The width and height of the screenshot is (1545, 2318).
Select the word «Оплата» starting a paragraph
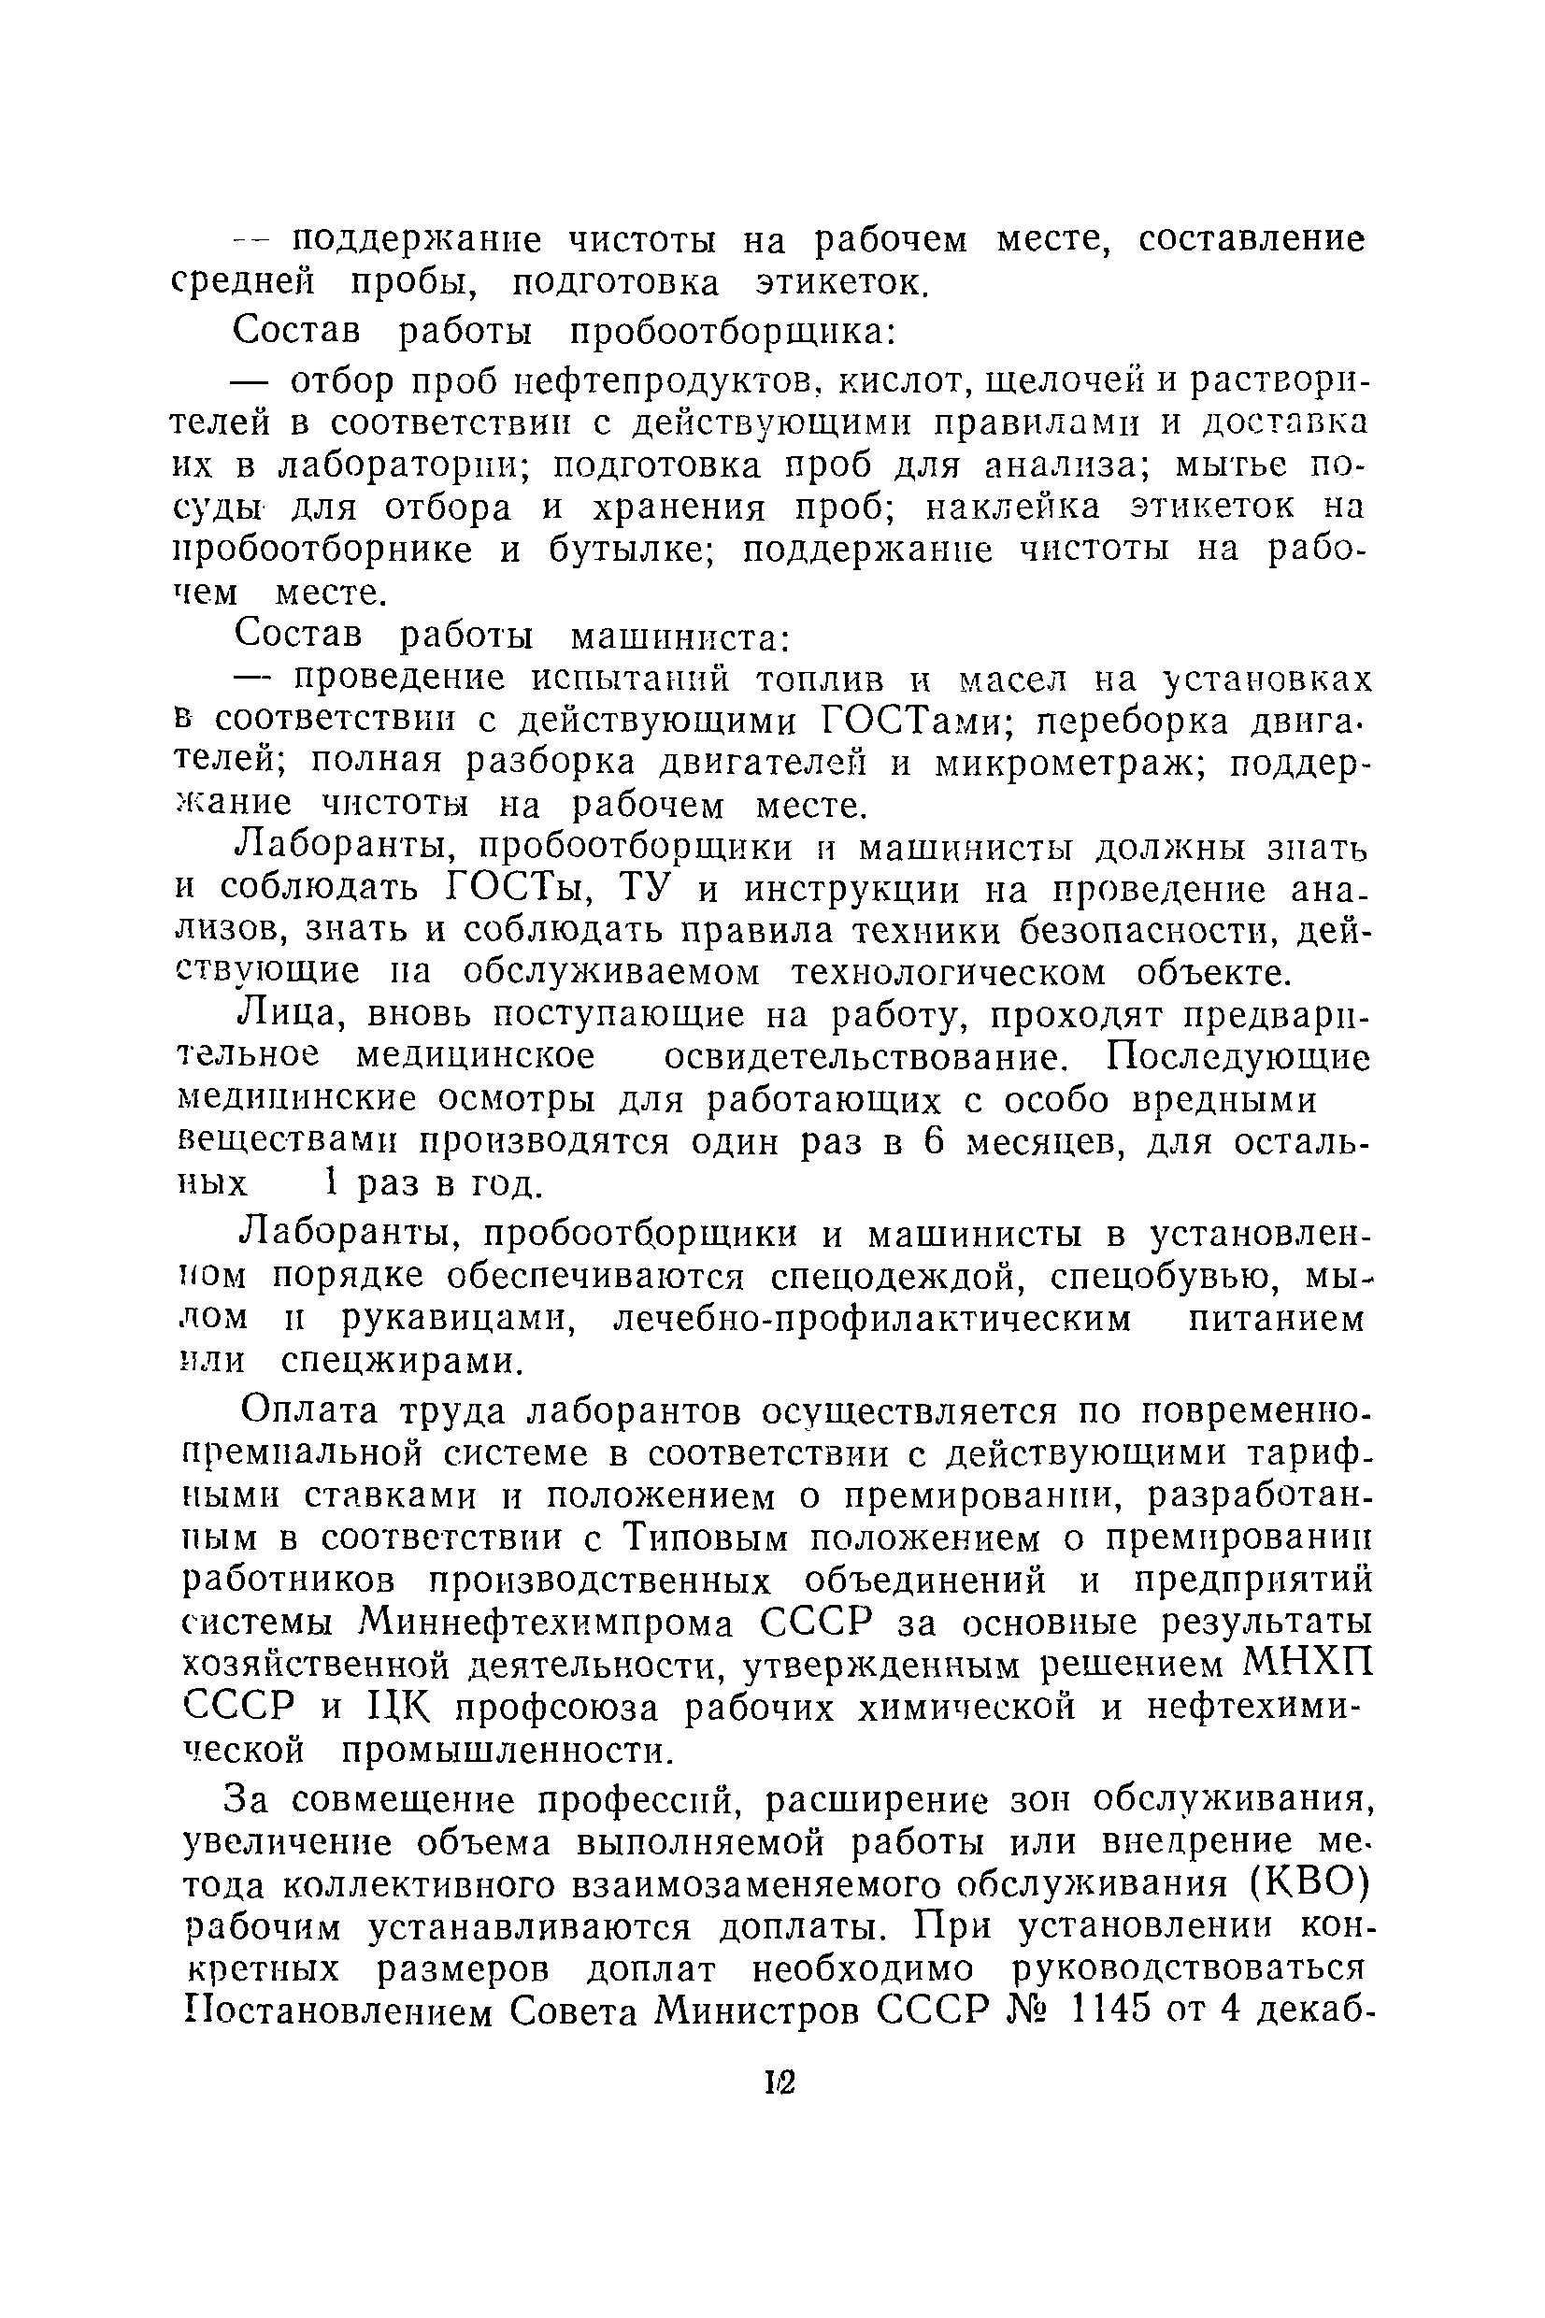(x=309, y=1411)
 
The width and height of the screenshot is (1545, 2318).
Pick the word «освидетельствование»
(x=865, y=1057)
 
